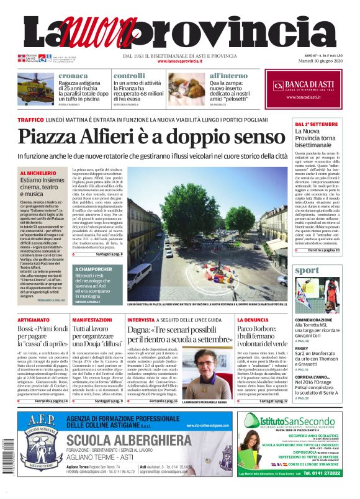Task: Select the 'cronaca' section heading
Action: coord(73,76)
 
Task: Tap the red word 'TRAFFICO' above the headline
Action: coord(30,120)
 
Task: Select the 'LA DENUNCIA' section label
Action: coord(253,320)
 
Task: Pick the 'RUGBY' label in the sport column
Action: coord(303,348)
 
